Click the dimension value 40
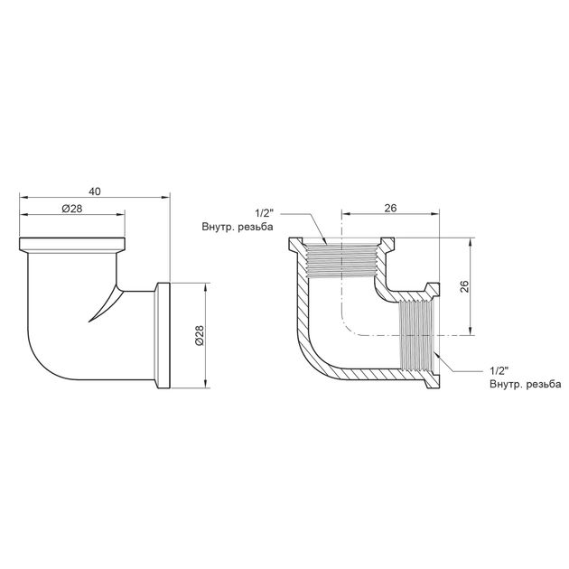coord(95,191)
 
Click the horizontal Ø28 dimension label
coord(72,209)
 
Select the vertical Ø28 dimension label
coord(200,335)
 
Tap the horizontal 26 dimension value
coord(390,208)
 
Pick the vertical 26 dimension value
coord(464,286)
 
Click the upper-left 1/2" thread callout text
coord(264,213)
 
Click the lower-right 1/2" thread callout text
coord(499,370)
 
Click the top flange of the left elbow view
coord(72,246)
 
